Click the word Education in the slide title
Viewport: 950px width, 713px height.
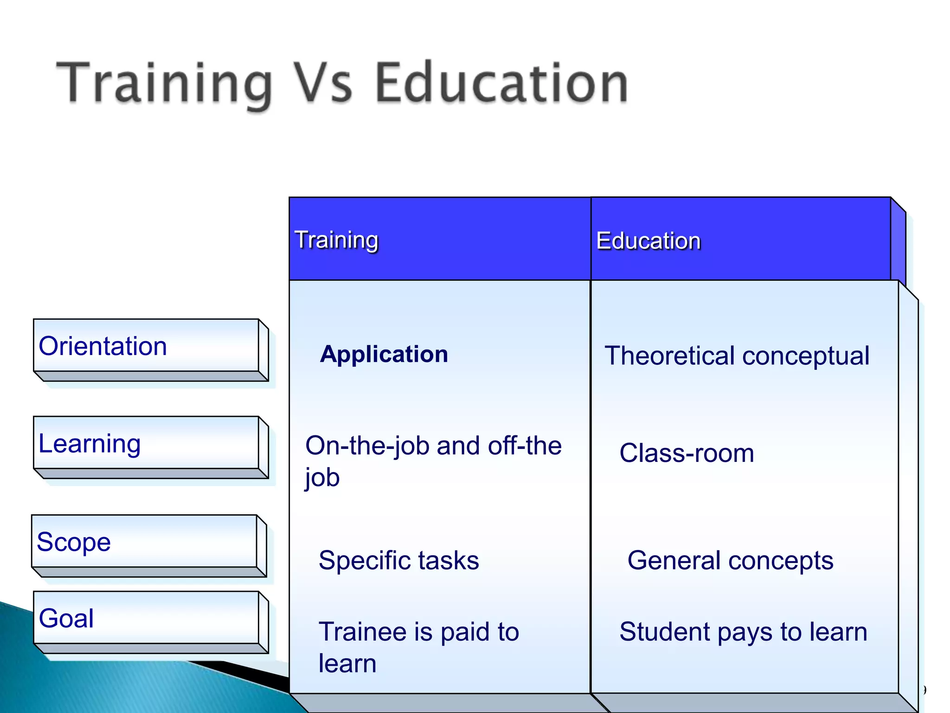(x=501, y=84)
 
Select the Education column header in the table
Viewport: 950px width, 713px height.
(x=648, y=241)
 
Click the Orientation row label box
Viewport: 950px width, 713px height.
(x=146, y=346)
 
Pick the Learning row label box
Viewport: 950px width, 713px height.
(x=146, y=443)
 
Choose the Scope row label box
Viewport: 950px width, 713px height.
(x=144, y=542)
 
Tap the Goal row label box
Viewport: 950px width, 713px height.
(x=146, y=618)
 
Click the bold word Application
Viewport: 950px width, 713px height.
(x=384, y=354)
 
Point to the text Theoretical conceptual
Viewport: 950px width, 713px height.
(x=737, y=356)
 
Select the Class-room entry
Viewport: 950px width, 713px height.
(x=687, y=453)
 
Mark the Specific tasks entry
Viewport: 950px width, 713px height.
(x=398, y=560)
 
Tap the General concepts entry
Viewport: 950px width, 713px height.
(x=730, y=560)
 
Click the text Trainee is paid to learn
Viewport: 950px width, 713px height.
(x=418, y=647)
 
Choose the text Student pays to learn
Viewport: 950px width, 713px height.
(x=743, y=632)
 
